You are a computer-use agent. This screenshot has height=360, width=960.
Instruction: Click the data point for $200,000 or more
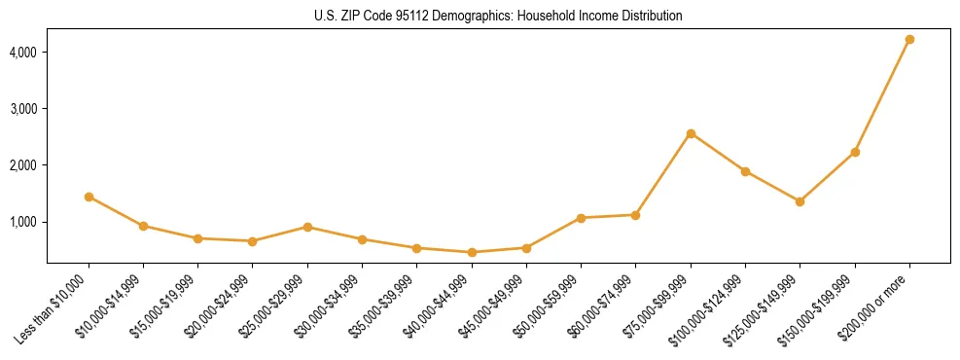[x=909, y=39]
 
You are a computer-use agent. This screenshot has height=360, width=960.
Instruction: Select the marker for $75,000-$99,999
[x=691, y=133]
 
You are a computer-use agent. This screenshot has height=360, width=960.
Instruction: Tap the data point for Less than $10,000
[x=89, y=197]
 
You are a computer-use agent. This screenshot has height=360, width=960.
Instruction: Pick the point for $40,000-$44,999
[x=472, y=252]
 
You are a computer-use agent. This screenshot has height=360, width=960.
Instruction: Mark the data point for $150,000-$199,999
[x=855, y=152]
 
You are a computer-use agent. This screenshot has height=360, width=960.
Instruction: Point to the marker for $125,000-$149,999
[x=800, y=201]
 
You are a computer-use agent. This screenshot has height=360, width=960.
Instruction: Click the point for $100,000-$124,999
[x=745, y=171]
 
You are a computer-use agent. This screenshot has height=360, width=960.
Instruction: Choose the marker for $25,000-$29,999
[x=307, y=227]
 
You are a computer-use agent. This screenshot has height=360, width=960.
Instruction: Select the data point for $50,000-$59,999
[x=581, y=218]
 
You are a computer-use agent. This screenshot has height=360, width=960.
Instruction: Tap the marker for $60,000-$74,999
[x=635, y=215]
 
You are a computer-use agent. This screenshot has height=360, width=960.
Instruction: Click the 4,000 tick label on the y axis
[x=23, y=52]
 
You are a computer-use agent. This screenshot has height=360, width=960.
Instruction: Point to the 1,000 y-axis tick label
[x=23, y=222]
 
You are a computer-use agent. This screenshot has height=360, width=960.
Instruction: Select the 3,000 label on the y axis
[x=23, y=108]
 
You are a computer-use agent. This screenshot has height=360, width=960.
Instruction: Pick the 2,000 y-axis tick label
[x=23, y=165]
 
